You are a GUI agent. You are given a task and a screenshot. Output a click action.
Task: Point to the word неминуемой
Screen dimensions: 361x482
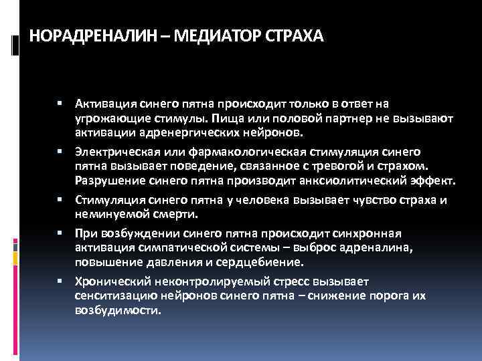(x=106, y=215)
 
